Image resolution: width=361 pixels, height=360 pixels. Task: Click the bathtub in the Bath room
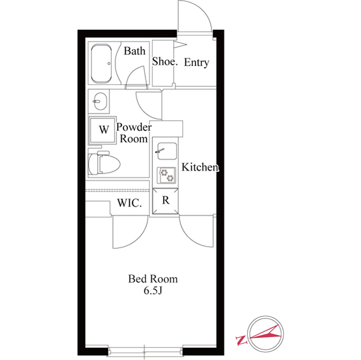click(x=102, y=64)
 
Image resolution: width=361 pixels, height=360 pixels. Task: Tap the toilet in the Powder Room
click(x=104, y=162)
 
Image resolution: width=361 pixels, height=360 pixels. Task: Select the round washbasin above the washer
click(x=100, y=101)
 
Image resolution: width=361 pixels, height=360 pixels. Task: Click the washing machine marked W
click(x=103, y=130)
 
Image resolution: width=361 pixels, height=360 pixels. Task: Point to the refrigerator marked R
click(x=165, y=201)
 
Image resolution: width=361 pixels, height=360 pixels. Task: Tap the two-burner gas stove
click(x=166, y=175)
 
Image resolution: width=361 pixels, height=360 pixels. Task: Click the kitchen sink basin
click(x=167, y=151)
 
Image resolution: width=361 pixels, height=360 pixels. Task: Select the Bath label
click(x=134, y=51)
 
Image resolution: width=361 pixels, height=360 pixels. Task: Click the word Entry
click(x=196, y=63)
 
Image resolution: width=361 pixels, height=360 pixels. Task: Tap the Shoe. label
click(x=165, y=61)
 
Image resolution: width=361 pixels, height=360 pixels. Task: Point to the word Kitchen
click(x=200, y=167)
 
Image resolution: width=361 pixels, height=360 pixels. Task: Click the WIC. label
click(x=129, y=203)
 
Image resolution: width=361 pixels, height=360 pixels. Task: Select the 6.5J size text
click(x=153, y=291)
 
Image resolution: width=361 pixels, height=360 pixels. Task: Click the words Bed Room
click(x=153, y=279)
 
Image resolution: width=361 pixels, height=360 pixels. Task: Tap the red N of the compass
click(x=241, y=340)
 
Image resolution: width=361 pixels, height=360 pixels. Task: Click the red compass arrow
click(x=265, y=332)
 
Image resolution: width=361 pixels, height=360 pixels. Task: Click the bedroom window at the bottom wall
click(x=145, y=352)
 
